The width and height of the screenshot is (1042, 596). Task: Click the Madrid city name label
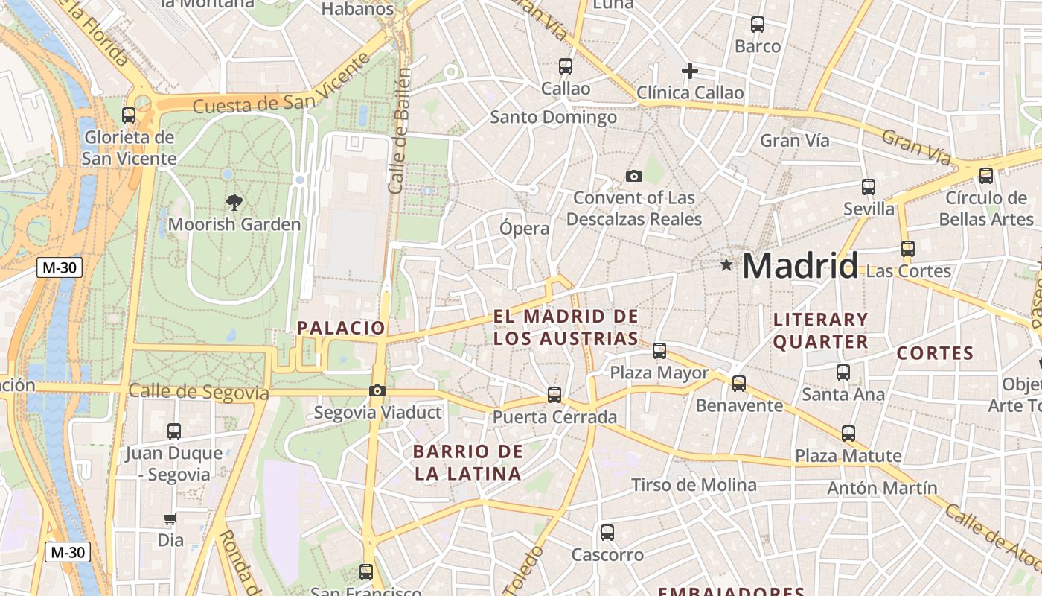point(800,266)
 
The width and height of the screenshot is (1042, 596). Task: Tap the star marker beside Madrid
point(726,264)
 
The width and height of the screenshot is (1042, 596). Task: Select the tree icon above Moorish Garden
point(234,202)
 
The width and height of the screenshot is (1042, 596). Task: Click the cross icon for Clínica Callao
point(690,71)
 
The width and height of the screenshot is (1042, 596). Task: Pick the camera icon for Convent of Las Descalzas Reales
point(634,176)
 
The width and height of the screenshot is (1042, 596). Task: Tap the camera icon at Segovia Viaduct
point(377,390)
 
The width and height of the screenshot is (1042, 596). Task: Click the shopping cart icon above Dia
point(170,519)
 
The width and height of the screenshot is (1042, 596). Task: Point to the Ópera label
point(525,229)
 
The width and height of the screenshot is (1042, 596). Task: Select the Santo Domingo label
point(553,117)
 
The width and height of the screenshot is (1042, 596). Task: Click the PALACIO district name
point(341,328)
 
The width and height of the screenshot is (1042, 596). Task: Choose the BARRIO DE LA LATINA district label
point(468,462)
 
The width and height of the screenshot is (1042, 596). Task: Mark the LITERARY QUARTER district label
point(821,331)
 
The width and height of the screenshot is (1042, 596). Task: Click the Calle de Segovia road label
point(198,392)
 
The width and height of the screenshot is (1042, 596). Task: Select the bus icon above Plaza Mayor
point(659,350)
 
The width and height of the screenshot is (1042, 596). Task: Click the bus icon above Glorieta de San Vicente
point(129,115)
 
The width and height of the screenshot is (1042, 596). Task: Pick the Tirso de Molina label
point(694,485)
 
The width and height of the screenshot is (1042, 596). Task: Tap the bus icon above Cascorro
point(607,532)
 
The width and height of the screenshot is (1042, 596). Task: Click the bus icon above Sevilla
point(869,186)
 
